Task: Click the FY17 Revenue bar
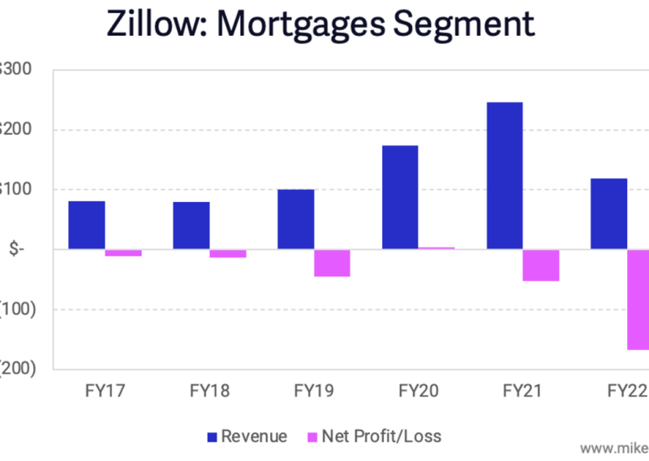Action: (x=86, y=225)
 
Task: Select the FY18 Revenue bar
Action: (x=191, y=226)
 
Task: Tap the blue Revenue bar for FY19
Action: (x=295, y=219)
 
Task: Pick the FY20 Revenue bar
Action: (x=400, y=197)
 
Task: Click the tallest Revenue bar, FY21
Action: (x=505, y=175)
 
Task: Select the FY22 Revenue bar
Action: (x=608, y=213)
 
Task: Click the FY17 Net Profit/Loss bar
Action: (x=123, y=253)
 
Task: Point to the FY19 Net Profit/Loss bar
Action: (x=332, y=263)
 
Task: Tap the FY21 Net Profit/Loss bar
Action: (x=541, y=265)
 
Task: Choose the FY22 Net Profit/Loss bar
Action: (x=638, y=299)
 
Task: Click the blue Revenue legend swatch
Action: (x=213, y=437)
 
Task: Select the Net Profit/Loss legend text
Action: (x=380, y=437)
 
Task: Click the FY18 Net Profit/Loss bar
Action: (x=228, y=253)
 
